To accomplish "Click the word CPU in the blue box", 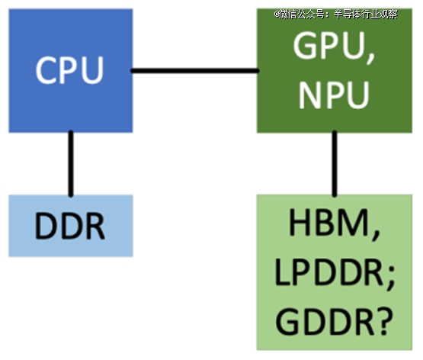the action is tap(69, 70).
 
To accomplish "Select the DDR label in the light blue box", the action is tap(69, 226).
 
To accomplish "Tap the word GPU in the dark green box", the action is tap(328, 45).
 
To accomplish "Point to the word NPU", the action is tap(334, 95).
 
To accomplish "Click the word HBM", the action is tap(328, 222).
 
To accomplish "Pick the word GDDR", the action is tap(323, 321).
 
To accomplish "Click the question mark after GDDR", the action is tap(382, 321).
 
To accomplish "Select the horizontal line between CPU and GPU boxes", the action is tap(195, 71).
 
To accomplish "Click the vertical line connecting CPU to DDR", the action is tap(71, 163).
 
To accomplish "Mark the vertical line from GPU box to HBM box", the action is tap(335, 163).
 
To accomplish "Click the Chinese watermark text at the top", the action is tap(336, 14).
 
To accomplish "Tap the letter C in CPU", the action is tap(46, 70).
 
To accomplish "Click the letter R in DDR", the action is tap(95, 226).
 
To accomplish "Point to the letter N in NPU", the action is tap(309, 95).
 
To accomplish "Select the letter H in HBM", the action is tap(300, 222).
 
